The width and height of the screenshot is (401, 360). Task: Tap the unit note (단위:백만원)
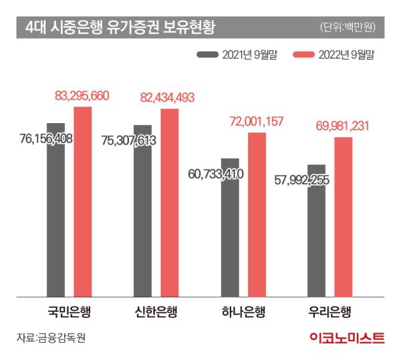coord(348,27)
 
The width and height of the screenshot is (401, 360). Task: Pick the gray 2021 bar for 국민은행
coord(55,214)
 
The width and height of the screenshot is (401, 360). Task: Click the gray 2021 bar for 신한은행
coord(143,214)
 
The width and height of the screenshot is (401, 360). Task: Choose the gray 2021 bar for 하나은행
coord(230,231)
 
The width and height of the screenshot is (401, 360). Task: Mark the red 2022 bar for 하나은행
coord(257,214)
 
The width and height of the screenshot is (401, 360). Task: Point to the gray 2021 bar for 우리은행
coord(317,234)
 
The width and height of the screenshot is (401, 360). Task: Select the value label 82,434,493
coord(167,98)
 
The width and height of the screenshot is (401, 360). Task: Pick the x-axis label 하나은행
coord(243,311)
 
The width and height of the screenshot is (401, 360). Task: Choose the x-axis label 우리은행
coord(330,311)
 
